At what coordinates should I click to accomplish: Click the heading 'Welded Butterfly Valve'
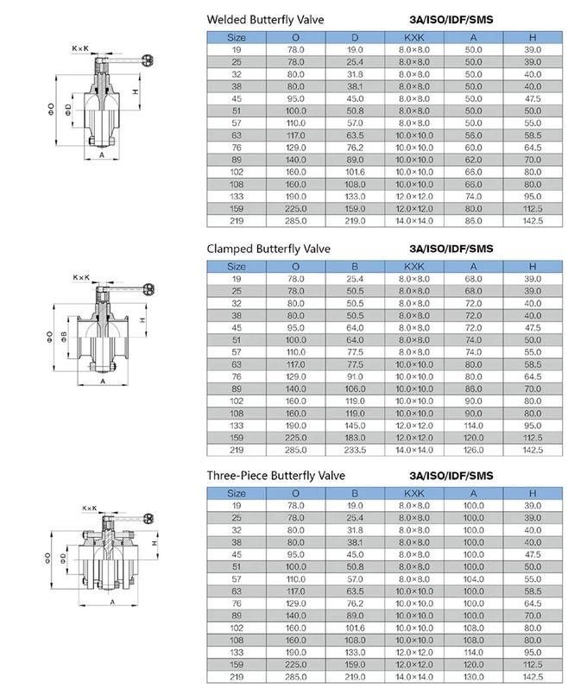pos(265,19)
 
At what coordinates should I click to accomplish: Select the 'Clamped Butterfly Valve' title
pos(268,249)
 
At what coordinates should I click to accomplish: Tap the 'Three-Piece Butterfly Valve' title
pos(275,476)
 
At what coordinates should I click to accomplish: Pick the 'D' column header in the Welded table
pos(355,37)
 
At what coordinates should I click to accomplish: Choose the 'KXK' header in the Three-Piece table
pos(413,492)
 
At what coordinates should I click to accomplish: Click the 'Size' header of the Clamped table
pos(236,266)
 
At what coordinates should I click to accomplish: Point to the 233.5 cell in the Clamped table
pos(355,450)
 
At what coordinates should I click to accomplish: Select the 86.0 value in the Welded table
pos(473,221)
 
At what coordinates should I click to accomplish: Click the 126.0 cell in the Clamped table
pos(473,450)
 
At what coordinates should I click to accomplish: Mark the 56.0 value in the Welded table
pos(473,136)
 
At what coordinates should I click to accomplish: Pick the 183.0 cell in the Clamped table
pos(355,438)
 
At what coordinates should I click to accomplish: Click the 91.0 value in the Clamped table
pos(355,376)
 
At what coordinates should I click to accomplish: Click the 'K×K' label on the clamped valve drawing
pos(80,277)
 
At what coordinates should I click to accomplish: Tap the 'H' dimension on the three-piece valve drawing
pos(153,544)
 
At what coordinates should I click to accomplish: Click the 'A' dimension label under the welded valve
pos(102,155)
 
